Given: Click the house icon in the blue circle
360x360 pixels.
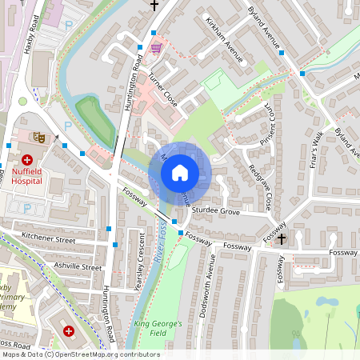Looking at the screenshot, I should [x=180, y=173].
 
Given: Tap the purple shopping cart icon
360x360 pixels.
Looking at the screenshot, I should [x=157, y=48].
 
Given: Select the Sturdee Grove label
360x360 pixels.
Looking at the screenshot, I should [x=216, y=213].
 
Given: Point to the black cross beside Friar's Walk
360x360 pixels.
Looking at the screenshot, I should [x=282, y=239].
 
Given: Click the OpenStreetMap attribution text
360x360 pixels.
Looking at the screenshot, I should [x=80, y=354].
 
